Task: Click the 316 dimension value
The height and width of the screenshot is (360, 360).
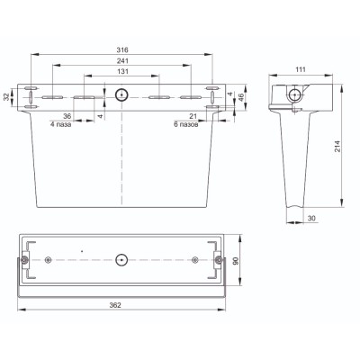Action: click(x=122, y=49)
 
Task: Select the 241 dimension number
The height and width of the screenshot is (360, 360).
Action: click(x=122, y=61)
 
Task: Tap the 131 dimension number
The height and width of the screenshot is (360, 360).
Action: click(x=123, y=71)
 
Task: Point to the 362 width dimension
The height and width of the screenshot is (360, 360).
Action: click(x=115, y=305)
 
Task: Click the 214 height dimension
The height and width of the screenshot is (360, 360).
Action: click(x=338, y=146)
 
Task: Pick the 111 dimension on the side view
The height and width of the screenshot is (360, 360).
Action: click(x=301, y=69)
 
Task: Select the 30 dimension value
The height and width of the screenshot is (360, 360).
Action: click(x=311, y=219)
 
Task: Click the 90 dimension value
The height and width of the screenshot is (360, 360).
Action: click(x=236, y=261)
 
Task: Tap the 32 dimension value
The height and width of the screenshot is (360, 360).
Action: click(x=6, y=97)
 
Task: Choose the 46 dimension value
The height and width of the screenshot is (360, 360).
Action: click(x=240, y=97)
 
